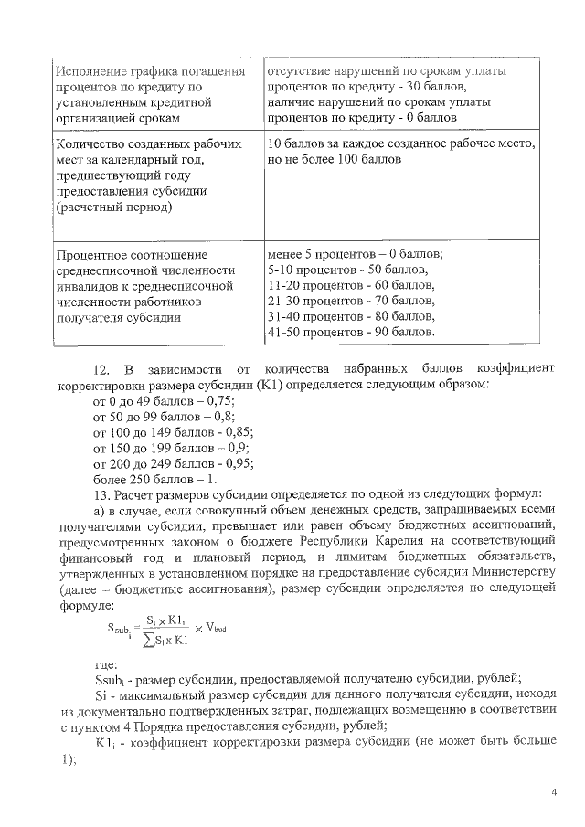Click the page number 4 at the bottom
tap(554, 791)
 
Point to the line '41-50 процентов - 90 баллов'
tap(351, 331)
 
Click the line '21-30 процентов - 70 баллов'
tap(351, 300)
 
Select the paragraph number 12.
tap(102, 368)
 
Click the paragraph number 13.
tap(102, 494)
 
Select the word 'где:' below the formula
tap(105, 668)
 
